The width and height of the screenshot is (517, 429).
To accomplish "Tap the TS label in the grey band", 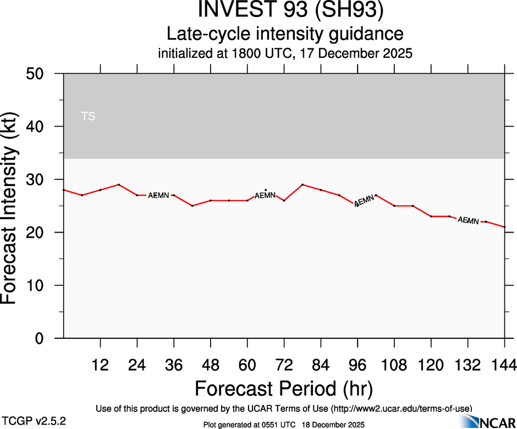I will coord(88,116).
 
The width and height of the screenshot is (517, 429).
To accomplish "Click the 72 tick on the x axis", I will coord(284,365).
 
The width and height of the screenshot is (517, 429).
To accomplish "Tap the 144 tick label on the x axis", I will coord(504,365).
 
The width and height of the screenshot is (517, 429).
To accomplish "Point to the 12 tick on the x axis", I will coord(100,365).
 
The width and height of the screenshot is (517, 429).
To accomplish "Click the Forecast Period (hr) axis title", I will coord(284,389).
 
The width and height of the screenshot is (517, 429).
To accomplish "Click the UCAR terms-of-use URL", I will coord(401,408).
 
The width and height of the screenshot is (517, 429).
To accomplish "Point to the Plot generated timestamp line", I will coord(284,424).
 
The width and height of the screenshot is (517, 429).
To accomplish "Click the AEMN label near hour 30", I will coord(159,195).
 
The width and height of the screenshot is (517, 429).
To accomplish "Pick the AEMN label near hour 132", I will coord(468,221).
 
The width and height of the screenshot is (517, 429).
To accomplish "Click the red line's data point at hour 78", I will coord(302,184).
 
